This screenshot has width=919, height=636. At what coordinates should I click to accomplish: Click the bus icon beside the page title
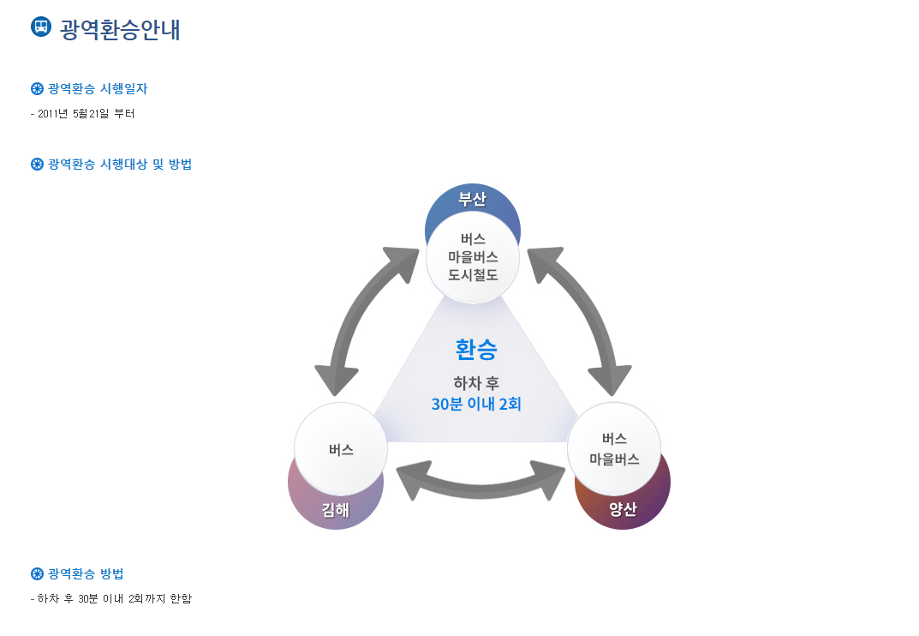41,27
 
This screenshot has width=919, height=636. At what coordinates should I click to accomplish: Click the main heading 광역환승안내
120,29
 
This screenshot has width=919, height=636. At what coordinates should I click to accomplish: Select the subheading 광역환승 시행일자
98,89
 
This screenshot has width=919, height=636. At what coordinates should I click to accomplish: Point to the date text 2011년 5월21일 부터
86,114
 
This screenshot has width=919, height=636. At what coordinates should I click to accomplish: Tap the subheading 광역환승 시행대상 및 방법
120,165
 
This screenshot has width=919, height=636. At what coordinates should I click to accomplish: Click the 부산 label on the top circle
472,200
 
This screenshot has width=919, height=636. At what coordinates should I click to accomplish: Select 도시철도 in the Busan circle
473,274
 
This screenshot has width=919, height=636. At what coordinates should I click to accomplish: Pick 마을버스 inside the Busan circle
473,256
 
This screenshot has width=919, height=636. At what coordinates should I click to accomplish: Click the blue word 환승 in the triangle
476,349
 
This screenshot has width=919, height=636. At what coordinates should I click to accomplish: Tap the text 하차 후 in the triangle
476,382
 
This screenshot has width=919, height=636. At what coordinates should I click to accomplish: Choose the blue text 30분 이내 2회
476,404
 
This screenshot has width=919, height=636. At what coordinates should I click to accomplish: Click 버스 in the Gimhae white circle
341,449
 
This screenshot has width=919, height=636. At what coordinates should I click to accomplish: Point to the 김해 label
335,510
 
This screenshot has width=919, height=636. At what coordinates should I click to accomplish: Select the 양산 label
623,510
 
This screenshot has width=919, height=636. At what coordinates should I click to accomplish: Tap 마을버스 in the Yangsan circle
614,459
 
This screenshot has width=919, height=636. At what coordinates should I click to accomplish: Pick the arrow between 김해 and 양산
481,483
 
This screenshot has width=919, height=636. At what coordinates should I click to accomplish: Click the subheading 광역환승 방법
87,573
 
